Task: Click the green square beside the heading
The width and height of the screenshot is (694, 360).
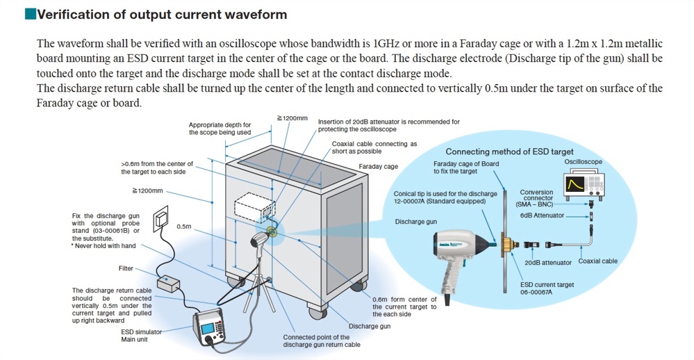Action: tap(29, 14)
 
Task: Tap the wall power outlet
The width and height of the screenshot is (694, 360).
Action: tap(161, 217)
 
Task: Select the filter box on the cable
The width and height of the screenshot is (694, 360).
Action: tap(167, 283)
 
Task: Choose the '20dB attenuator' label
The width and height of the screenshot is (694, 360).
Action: tap(548, 263)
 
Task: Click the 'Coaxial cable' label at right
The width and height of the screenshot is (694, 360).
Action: tap(597, 261)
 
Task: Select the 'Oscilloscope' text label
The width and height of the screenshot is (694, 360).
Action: tap(583, 162)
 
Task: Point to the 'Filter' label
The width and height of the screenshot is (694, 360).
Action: tap(126, 268)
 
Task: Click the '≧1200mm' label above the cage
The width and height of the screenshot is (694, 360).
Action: tap(292, 119)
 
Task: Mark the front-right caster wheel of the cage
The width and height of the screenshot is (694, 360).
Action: tap(358, 285)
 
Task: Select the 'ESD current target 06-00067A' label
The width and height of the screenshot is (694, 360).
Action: tap(547, 288)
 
